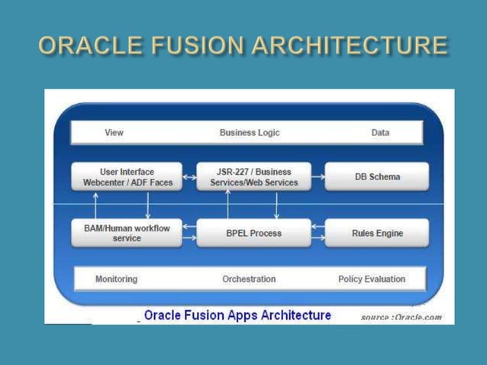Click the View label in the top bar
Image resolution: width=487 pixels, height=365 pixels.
114,133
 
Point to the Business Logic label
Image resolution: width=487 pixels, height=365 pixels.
250,133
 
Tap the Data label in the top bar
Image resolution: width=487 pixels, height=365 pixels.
380,133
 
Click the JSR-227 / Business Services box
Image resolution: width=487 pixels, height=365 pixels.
254,177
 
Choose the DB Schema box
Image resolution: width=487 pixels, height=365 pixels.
377,177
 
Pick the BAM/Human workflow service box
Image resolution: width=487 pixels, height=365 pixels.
127,233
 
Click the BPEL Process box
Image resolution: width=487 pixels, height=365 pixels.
254,233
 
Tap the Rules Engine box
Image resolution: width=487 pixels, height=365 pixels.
377,233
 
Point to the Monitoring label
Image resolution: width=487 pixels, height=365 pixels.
116,279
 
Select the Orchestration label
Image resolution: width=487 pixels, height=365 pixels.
249,279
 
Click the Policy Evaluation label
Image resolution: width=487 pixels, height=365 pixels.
372,279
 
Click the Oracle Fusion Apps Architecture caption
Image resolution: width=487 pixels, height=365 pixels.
237,315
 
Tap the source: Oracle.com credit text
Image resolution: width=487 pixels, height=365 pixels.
401,317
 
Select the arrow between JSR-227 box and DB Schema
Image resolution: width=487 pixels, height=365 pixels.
318,177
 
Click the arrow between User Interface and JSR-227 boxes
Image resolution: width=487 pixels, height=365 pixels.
190,177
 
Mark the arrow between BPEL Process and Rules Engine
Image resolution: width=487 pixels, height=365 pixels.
318,233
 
